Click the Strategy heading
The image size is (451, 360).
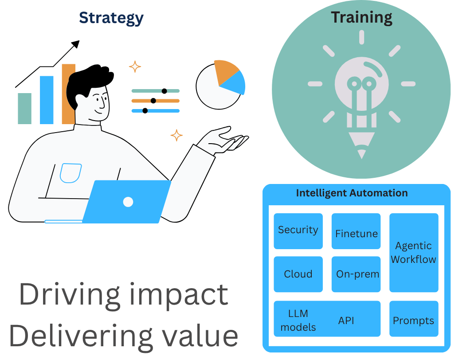111,18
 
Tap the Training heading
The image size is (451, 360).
361,17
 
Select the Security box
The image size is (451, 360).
298,231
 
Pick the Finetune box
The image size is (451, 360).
356,231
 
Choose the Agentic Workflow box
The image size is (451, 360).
413,253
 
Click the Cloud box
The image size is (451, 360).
298,274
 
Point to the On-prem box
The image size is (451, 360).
356,274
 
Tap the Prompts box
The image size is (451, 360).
413,320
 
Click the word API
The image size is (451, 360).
346,321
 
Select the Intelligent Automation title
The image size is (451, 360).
352,193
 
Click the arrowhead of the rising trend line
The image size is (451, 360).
76,44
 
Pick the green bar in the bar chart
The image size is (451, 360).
24,108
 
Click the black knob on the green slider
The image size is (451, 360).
164,91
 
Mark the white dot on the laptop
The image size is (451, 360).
128,202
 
